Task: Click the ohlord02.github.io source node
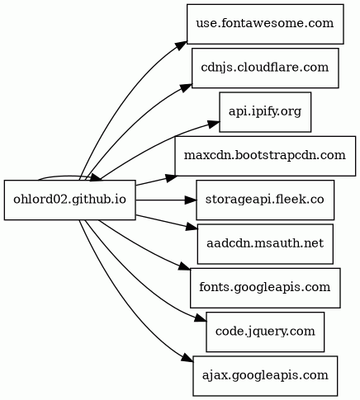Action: [x=69, y=200]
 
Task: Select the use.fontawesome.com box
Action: [x=265, y=24]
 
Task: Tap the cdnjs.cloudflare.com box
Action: [x=265, y=68]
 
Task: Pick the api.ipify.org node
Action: [x=265, y=112]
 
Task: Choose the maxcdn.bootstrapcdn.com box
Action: [x=265, y=156]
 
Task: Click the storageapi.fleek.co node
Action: [x=265, y=200]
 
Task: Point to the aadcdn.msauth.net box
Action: [x=265, y=244]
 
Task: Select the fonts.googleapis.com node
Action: [x=265, y=288]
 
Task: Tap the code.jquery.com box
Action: [x=265, y=332]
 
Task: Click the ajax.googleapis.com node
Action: [x=265, y=376]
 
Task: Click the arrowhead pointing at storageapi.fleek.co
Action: [x=191, y=200]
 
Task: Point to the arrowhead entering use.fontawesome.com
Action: [x=182, y=46]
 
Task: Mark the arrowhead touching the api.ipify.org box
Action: [x=214, y=125]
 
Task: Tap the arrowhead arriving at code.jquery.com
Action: [x=201, y=318]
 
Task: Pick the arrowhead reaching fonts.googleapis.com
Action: [x=185, y=267]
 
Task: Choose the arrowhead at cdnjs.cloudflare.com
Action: [x=187, y=87]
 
